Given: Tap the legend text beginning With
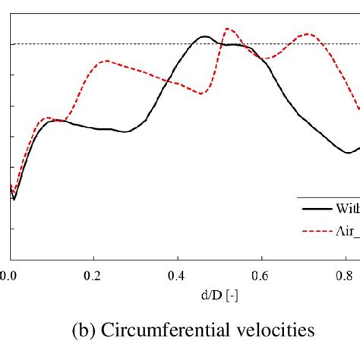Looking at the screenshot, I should pyautogui.click(x=346, y=207).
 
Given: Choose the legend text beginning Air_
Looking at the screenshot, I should pyautogui.click(x=346, y=229).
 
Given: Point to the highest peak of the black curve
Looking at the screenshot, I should pyautogui.click(x=204, y=36).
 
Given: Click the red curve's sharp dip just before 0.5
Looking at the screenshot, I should pyautogui.click(x=201, y=93).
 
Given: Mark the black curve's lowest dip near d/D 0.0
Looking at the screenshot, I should pyautogui.click(x=14, y=200).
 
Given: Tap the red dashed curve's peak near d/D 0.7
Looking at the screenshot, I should pyautogui.click(x=308, y=34).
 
